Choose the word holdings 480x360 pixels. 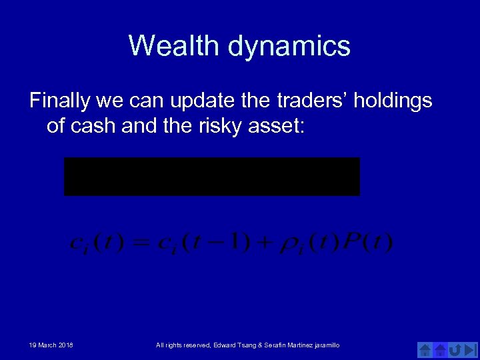[x=395, y=101]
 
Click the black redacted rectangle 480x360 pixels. [x=211, y=177]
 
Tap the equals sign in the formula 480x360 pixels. [x=143, y=242]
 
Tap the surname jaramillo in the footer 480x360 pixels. [x=323, y=345]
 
